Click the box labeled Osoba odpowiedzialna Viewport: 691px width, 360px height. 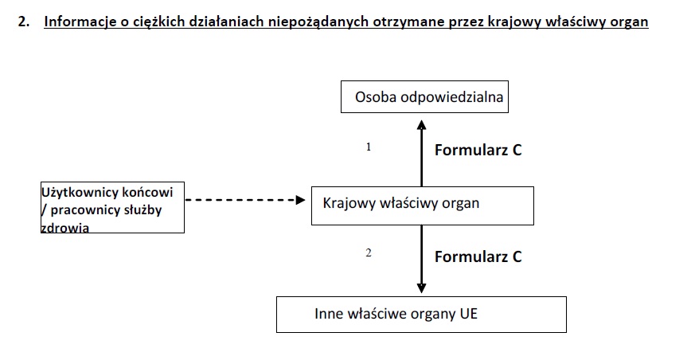[424, 96]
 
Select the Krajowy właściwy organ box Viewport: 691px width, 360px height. [423, 205]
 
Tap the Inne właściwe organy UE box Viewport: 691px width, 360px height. [421, 315]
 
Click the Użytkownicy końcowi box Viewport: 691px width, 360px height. [112, 208]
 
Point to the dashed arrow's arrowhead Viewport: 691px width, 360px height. [301, 200]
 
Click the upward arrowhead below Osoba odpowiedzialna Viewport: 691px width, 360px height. [421, 125]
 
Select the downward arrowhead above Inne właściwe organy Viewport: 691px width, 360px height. [421, 288]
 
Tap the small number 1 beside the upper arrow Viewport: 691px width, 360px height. [369, 147]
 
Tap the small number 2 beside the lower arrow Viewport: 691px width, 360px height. [369, 253]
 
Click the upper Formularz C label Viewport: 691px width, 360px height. [478, 150]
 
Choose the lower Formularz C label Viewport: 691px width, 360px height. [478, 256]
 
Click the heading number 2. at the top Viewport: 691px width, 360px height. [24, 22]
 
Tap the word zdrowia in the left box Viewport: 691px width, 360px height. [64, 228]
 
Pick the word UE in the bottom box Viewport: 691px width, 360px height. [468, 314]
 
